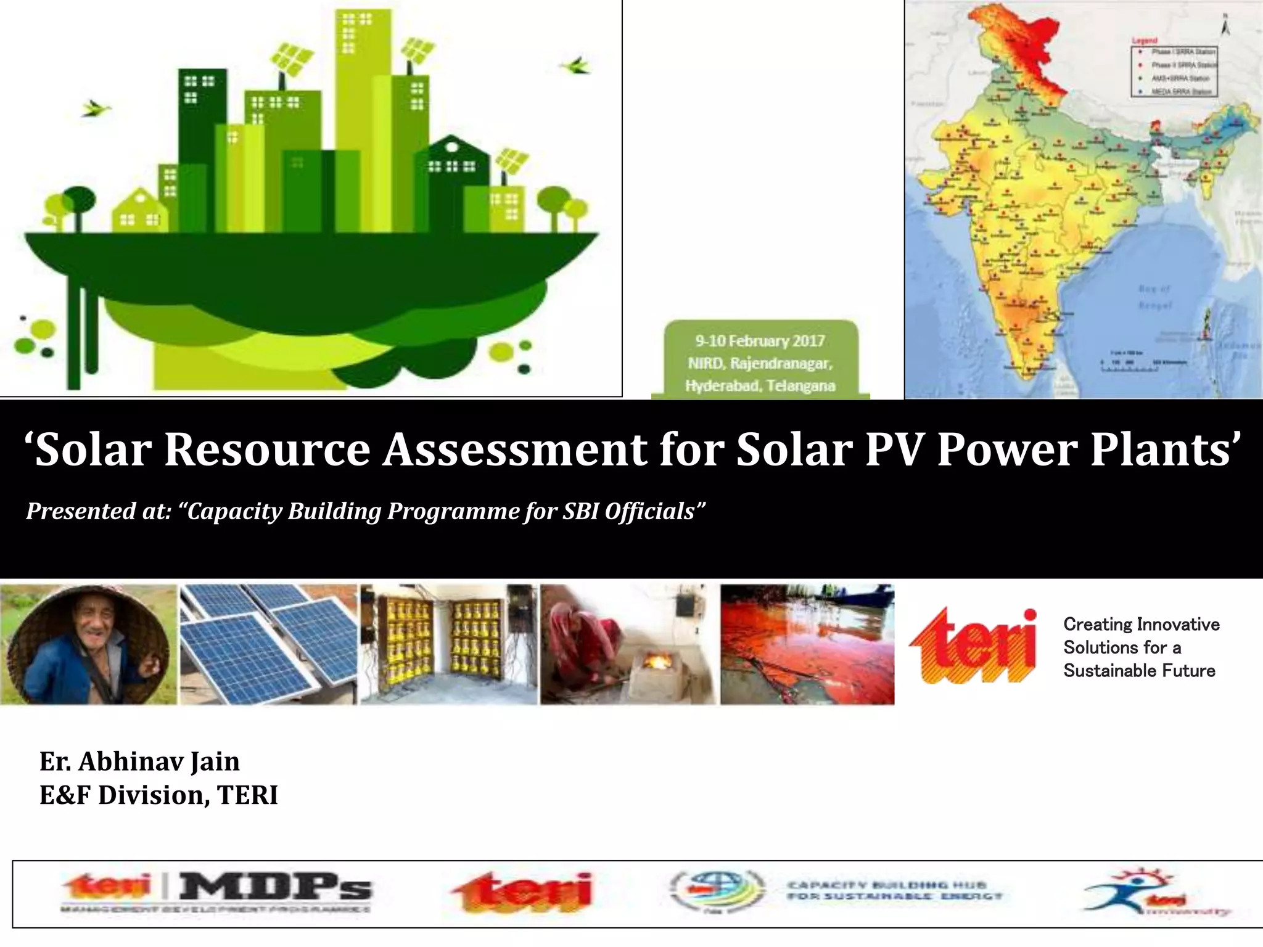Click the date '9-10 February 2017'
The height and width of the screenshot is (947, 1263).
pos(760,341)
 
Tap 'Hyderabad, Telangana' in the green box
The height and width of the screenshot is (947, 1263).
pos(760,386)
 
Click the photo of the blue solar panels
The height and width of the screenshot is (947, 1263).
pos(268,644)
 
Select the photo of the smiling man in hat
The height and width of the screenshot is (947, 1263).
pos(88,644)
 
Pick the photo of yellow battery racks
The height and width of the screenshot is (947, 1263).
pos(448,644)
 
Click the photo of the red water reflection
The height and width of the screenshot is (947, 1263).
pos(807,644)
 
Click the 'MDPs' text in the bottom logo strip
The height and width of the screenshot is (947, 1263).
pos(275,887)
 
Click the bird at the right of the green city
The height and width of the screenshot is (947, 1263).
pos(575,64)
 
